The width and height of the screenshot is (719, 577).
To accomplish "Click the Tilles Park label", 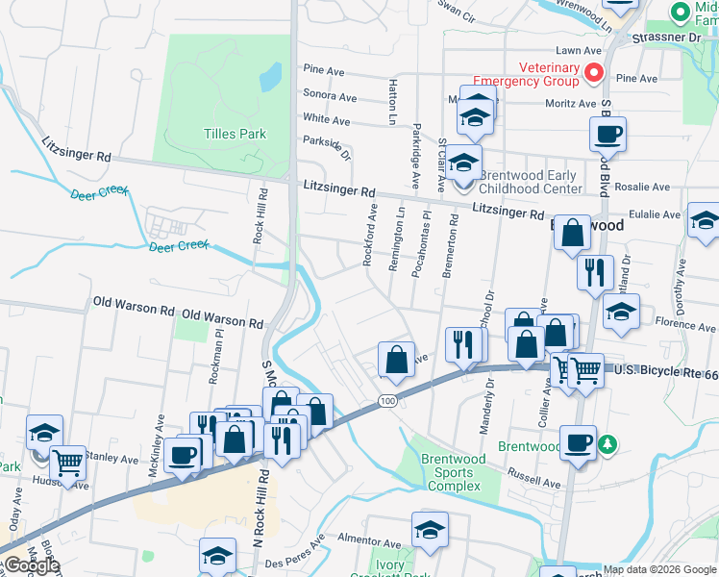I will [235, 134].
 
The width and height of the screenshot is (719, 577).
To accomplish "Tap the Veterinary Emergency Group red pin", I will [594, 72].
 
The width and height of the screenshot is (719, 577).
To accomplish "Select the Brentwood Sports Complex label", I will [453, 472].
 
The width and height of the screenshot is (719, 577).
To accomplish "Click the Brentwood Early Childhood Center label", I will [529, 182].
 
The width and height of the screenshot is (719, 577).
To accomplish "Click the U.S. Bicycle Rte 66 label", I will [664, 370].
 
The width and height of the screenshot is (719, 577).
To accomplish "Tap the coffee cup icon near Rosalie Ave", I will [607, 134].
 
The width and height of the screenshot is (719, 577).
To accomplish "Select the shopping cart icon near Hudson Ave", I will [67, 462].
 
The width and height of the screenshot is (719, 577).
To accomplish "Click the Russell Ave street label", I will [534, 477].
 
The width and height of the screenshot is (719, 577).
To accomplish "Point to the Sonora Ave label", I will [329, 96].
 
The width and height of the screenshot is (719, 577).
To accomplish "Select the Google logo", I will [32, 565].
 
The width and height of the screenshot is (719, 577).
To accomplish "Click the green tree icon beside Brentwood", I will [607, 444].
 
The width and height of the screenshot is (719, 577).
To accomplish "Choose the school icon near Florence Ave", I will [621, 312].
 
